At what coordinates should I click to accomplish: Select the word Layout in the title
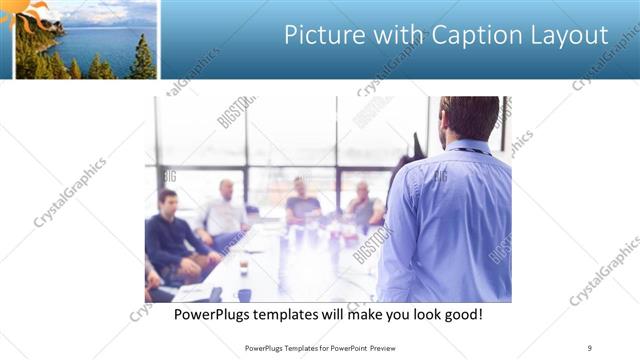coord(572,35)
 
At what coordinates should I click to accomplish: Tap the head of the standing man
coord(469,118)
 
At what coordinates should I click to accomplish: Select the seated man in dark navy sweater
coord(170,235)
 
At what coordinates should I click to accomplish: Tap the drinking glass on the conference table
coord(243,264)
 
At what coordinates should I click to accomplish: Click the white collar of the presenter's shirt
coord(468,146)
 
